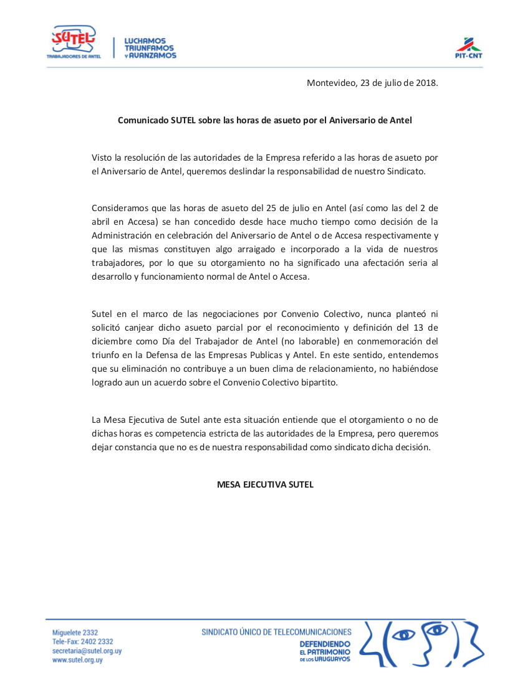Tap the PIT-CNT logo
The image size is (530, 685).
coord(468,47)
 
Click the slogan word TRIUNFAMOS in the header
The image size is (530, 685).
coord(150,48)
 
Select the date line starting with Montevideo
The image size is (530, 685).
coord(372,83)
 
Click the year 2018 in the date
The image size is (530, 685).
coord(426,83)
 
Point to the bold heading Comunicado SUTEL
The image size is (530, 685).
coord(265,120)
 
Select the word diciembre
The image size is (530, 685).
coord(112,341)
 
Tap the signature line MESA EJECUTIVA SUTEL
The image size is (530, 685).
coord(265,484)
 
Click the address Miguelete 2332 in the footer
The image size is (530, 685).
coord(75,632)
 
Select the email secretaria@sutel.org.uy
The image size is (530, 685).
coord(87,651)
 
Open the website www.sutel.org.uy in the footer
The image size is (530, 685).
coord(77,660)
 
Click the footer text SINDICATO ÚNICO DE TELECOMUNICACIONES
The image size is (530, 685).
coord(276,632)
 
